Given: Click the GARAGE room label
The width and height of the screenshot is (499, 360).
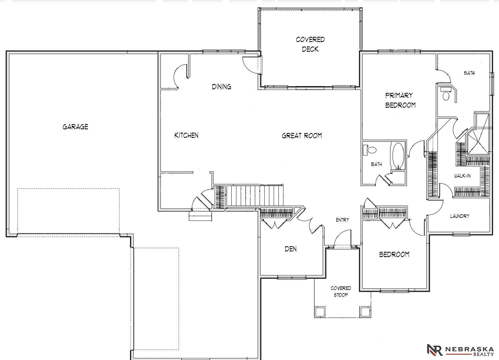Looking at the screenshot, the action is click(75, 127).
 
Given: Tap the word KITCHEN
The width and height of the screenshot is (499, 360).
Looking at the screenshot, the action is click(186, 135).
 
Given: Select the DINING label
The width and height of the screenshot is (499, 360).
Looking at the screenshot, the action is click(221, 87).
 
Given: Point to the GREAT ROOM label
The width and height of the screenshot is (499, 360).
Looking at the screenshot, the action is click(302, 136).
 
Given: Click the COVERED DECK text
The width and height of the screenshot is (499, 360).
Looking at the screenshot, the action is click(310, 44).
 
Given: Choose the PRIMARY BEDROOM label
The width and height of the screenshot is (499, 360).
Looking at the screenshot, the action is click(400, 100).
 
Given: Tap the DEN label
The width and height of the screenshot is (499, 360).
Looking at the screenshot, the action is click(291, 249).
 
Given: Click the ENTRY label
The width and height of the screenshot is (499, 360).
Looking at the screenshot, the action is click(342, 220).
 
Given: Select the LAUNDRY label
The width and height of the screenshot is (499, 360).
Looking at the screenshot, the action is click(460, 216).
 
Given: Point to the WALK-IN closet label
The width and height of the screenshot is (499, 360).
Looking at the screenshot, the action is click(462, 176).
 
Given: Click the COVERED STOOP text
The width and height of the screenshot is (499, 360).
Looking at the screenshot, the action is click(341, 291).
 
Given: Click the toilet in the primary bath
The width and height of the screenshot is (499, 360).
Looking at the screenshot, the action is click(446, 94).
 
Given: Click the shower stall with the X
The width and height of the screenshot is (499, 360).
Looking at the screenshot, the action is click(478, 143).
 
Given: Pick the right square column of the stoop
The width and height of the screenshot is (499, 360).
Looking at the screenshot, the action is click(365, 311).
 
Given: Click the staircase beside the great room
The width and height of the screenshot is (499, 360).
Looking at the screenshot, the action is click(255, 196).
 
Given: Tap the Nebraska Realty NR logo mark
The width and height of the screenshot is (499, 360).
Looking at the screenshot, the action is click(434, 350).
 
